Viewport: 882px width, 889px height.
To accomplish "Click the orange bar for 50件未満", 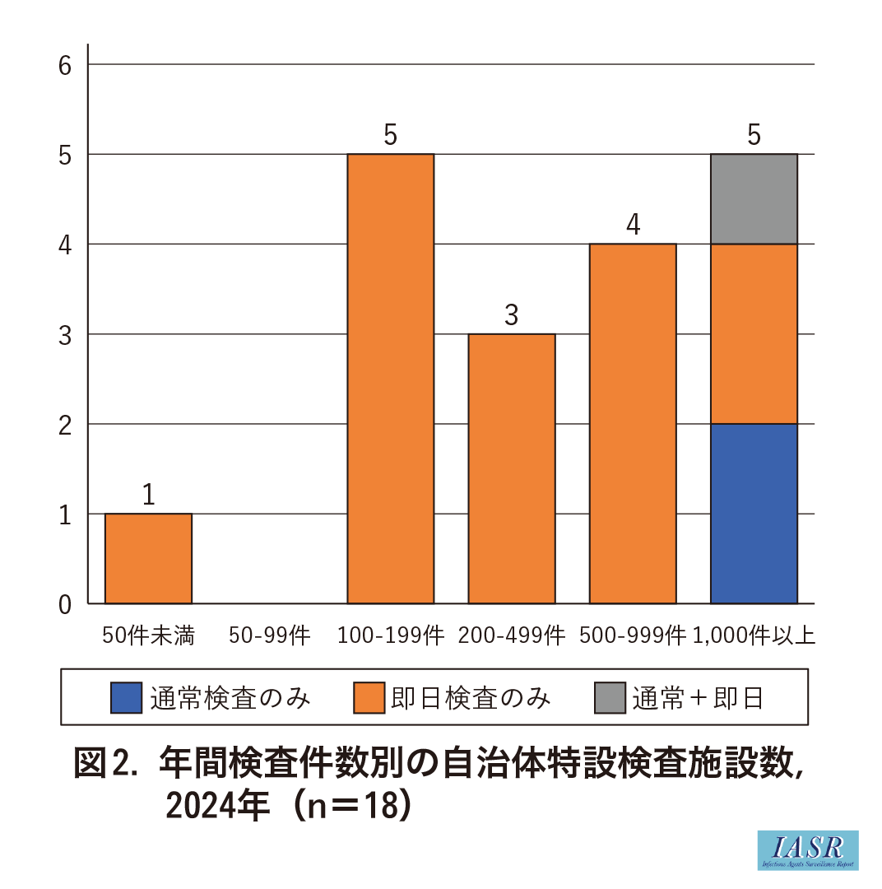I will click(148, 558).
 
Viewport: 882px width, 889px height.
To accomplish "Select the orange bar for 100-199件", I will click(390, 379).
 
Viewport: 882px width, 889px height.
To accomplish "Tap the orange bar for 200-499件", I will click(511, 468).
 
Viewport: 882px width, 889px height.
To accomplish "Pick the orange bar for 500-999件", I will click(633, 423).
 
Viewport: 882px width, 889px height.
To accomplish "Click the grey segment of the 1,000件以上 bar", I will click(754, 199).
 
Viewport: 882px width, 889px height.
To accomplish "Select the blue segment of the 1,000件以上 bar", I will click(754, 514).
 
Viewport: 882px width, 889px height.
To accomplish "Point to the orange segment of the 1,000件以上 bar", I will click(754, 333).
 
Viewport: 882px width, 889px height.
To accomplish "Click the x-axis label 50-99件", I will click(269, 635).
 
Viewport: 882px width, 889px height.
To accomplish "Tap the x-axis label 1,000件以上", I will click(754, 635).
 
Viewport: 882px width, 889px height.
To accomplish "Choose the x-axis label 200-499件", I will click(511, 635).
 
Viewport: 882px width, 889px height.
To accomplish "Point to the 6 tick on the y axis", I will click(66, 65).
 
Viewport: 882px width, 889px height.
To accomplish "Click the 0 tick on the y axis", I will click(66, 604).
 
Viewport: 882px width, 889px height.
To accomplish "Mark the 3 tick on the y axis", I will click(66, 334).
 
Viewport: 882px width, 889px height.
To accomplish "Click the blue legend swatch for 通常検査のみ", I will click(126, 698).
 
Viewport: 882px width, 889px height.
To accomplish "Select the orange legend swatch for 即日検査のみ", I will click(369, 698).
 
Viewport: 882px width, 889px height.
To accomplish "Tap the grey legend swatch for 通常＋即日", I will click(610, 698).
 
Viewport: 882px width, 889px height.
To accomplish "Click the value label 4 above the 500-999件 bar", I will click(633, 225).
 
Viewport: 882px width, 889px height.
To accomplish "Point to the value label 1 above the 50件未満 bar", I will click(148, 495).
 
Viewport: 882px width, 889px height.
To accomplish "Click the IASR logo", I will click(807, 850).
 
